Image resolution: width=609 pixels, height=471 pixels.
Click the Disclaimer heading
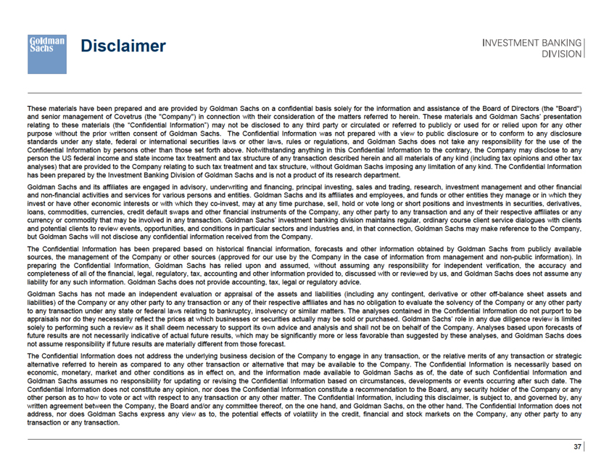[123, 46]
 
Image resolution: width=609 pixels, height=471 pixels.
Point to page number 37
[578, 447]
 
